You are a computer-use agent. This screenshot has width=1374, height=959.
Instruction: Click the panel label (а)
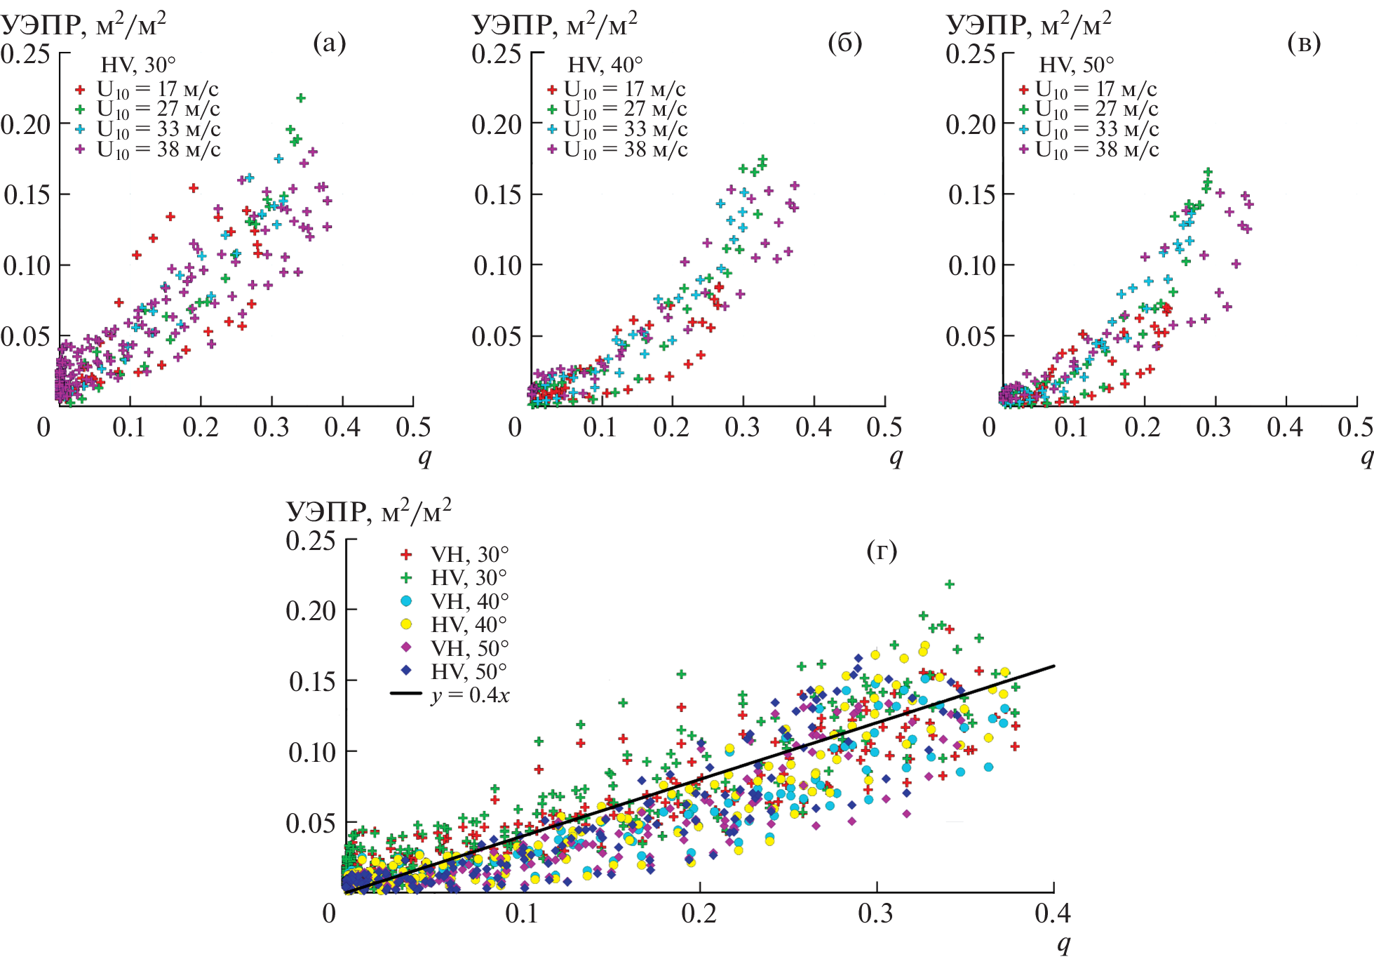pos(330,43)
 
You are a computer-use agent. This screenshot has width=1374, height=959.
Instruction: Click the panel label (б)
pos(844,43)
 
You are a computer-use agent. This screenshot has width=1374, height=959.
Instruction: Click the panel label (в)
pos(1305,43)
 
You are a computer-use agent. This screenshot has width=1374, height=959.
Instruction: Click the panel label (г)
pos(882,551)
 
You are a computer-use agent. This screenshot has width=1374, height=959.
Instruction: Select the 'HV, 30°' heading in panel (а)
pos(138,65)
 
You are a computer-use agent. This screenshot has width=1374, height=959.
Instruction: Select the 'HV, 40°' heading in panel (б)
pos(605,65)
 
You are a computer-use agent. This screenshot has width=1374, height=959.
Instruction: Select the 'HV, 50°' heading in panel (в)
pos(1076,65)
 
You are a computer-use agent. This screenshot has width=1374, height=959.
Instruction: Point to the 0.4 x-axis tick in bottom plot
pos(1053,913)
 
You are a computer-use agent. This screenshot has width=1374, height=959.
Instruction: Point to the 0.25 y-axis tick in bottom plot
pos(311,541)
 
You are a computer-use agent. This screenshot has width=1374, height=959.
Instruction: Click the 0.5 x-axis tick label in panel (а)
pos(413,427)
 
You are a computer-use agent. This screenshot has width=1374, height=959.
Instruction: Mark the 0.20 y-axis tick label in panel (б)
pos(497,125)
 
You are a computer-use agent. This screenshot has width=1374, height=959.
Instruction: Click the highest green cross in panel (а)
pos(301,98)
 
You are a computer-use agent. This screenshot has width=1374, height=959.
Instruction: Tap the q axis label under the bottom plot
pos(1064,944)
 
